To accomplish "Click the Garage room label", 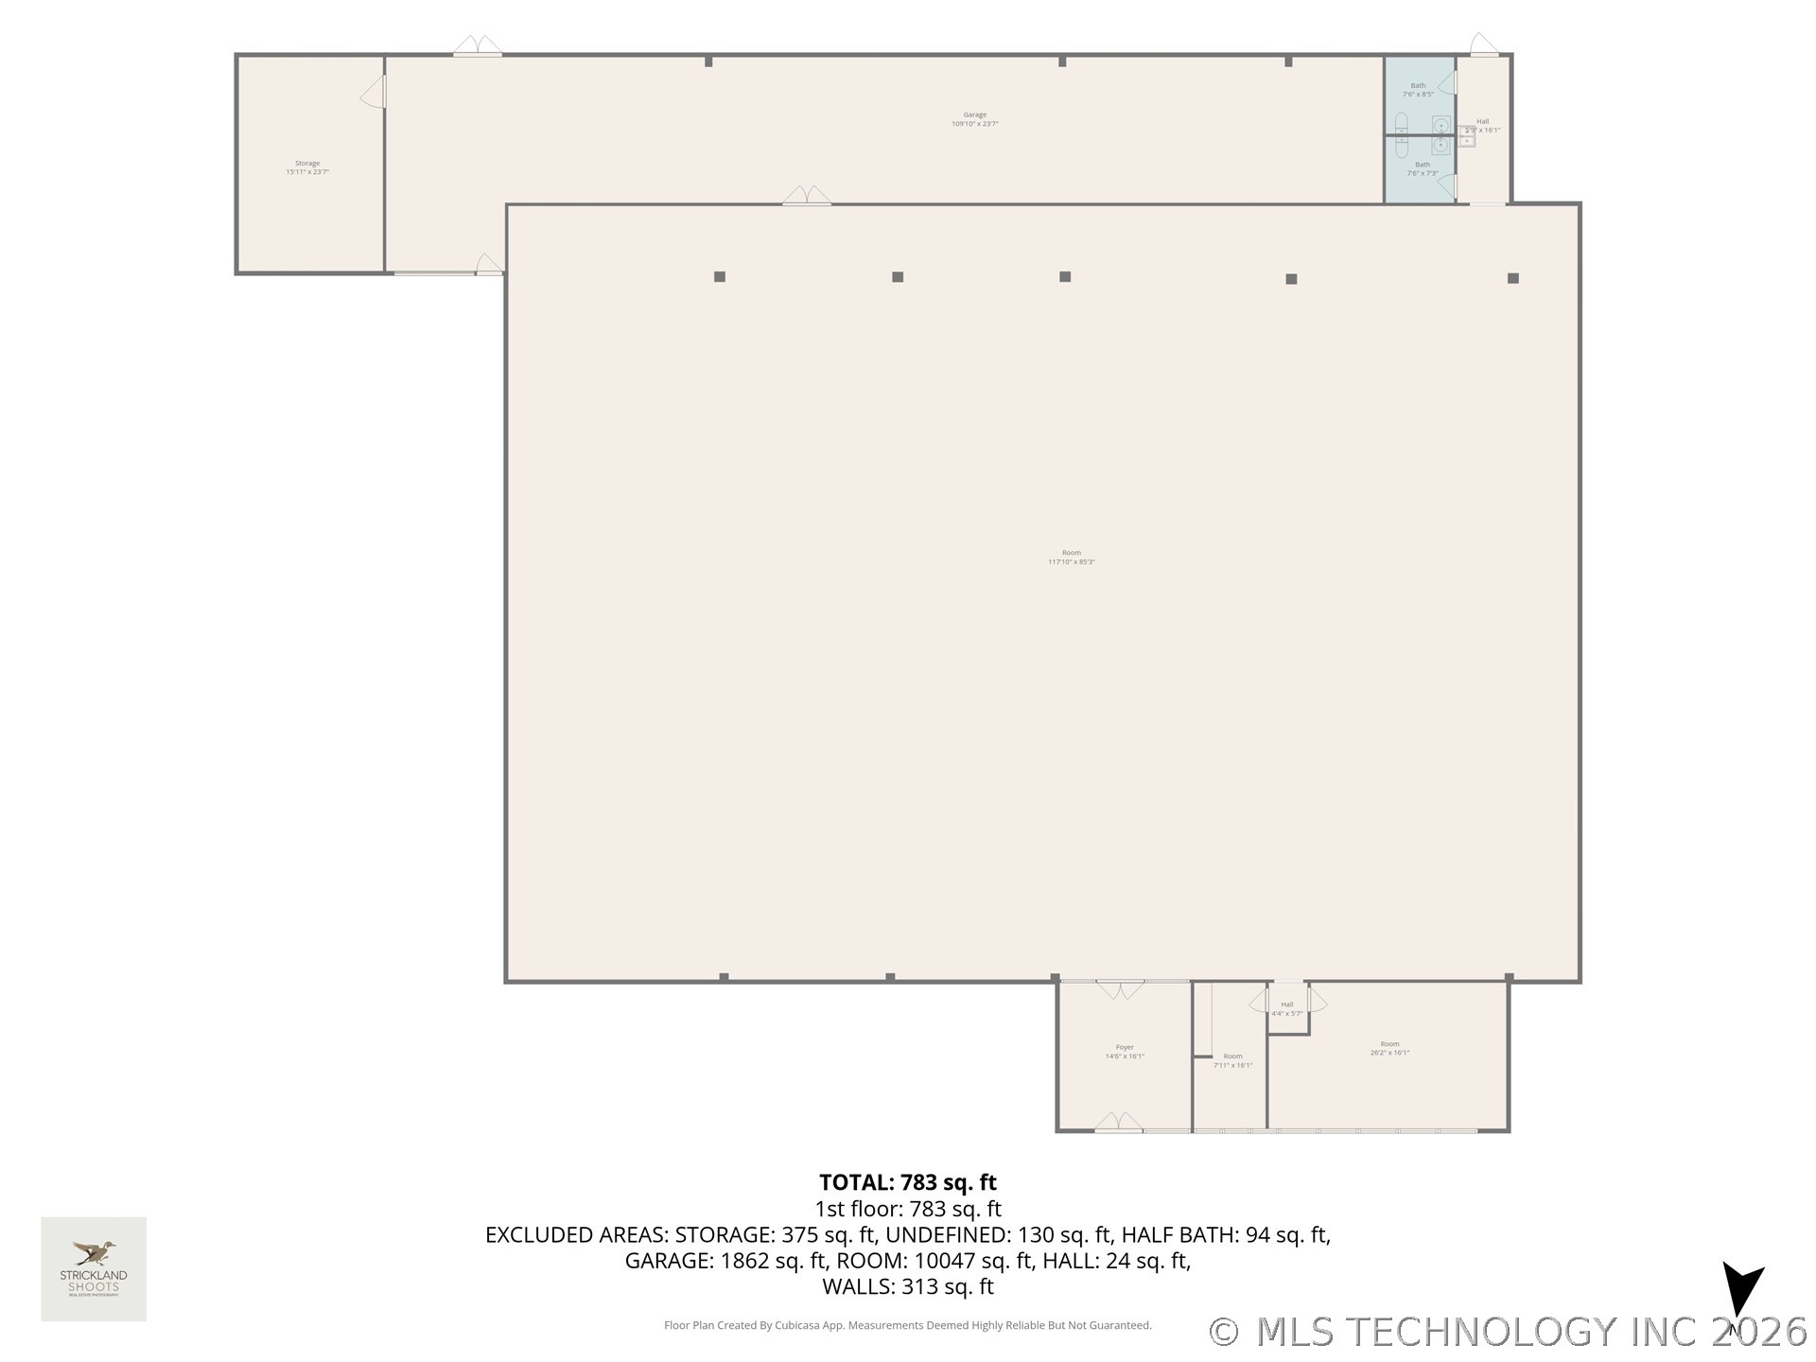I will pyautogui.click(x=974, y=119).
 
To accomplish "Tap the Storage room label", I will pyautogui.click(x=306, y=167).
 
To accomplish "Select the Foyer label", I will pyautogui.click(x=1125, y=1052).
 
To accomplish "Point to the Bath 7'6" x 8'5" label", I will pyautogui.click(x=1418, y=90).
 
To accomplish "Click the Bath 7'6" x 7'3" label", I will pyautogui.click(x=1423, y=168).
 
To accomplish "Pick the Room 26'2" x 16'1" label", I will pyautogui.click(x=1389, y=1048).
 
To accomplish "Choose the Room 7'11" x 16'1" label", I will pyautogui.click(x=1232, y=1060).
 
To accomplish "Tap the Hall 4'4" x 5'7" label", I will pyautogui.click(x=1286, y=1009).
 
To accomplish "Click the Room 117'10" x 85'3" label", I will pyautogui.click(x=1071, y=557).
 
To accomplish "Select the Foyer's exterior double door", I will pyautogui.click(x=1119, y=1124).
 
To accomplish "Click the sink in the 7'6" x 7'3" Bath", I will pyautogui.click(x=1441, y=146).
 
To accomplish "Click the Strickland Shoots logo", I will pyautogui.click(x=94, y=1268).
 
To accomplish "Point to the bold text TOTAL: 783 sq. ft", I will pyautogui.click(x=907, y=1182).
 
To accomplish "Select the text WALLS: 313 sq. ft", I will pyautogui.click(x=907, y=1286).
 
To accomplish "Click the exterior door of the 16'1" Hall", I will pyautogui.click(x=1483, y=46).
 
